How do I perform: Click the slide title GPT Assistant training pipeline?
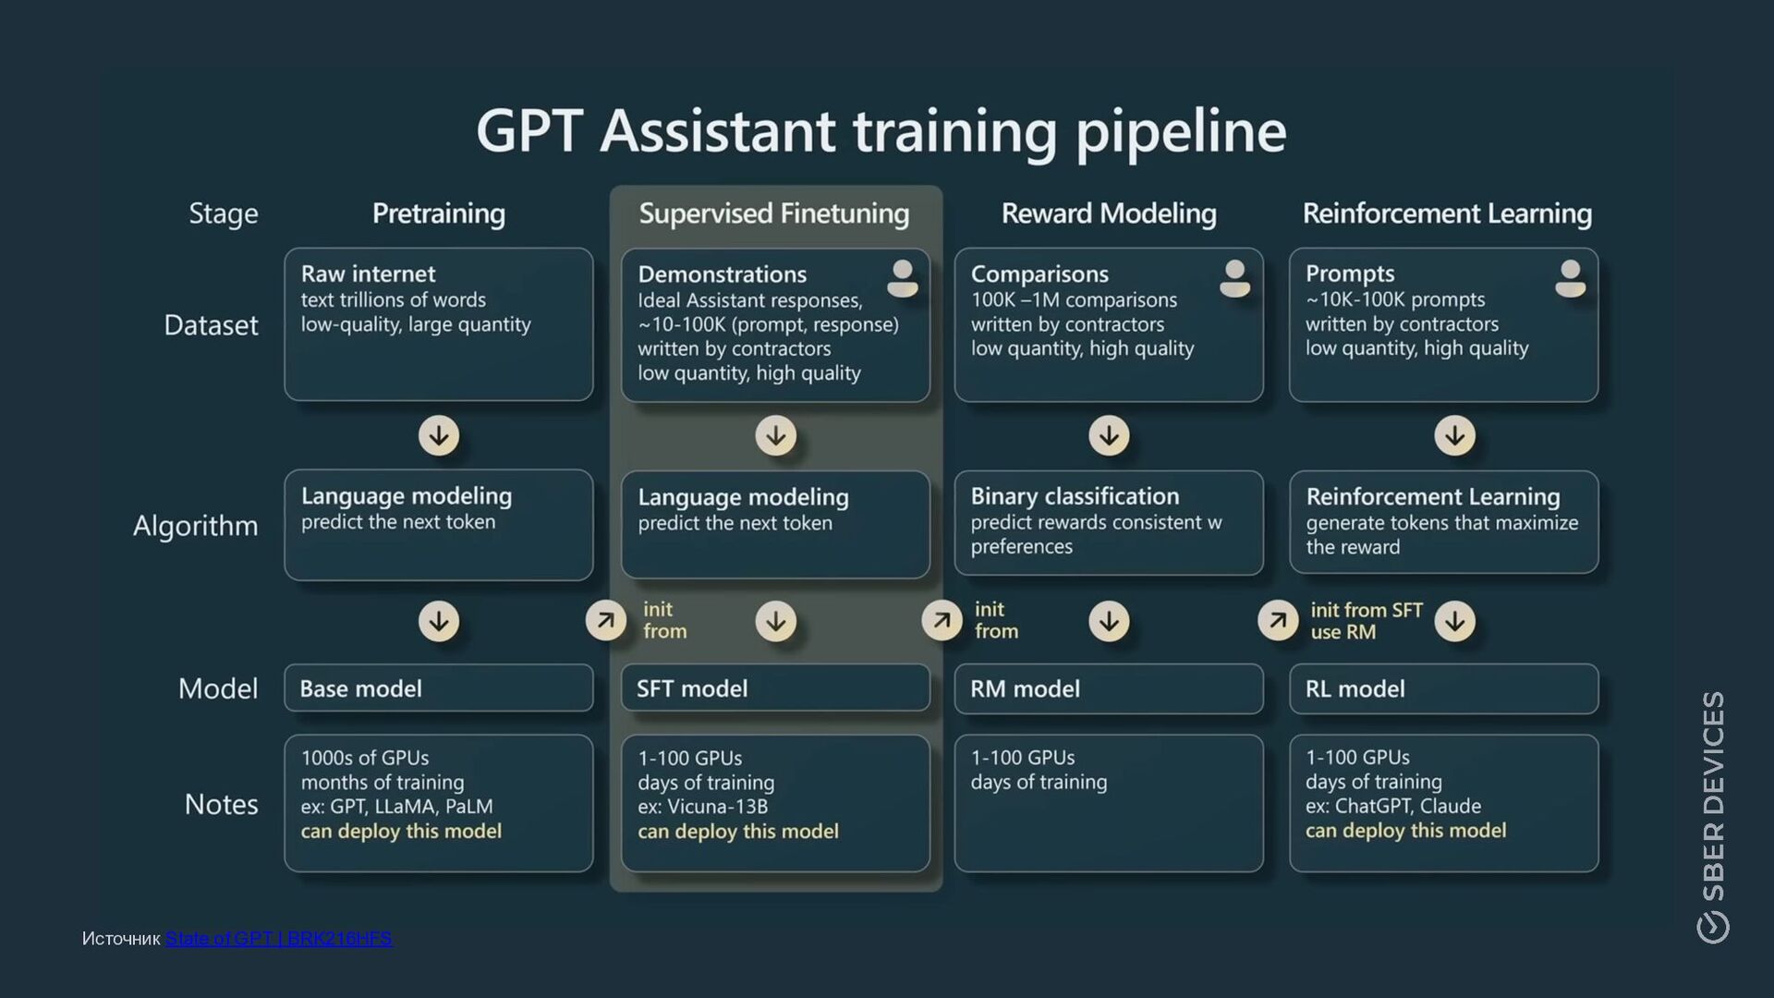click(x=881, y=131)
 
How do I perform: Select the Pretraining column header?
click(x=439, y=213)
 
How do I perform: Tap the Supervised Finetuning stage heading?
click(x=774, y=213)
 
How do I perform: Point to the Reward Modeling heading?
click(x=1109, y=213)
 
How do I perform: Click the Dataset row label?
click(x=211, y=325)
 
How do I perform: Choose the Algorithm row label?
click(x=195, y=526)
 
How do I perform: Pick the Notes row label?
click(x=221, y=804)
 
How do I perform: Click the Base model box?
click(x=439, y=688)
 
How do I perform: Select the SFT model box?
click(x=775, y=688)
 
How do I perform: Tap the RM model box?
click(x=1109, y=688)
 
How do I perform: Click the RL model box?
click(x=1443, y=688)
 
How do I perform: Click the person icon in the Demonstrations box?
click(x=902, y=278)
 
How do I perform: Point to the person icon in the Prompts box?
click(x=1570, y=278)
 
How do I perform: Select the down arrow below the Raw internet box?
click(x=439, y=435)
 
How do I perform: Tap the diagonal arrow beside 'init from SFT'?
click(x=1278, y=620)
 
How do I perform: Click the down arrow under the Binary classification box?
click(x=1109, y=621)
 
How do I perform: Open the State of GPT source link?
click(x=279, y=939)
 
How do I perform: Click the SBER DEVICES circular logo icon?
click(x=1713, y=927)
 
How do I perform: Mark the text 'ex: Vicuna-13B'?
click(x=702, y=807)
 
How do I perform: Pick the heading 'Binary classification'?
click(x=1075, y=496)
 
